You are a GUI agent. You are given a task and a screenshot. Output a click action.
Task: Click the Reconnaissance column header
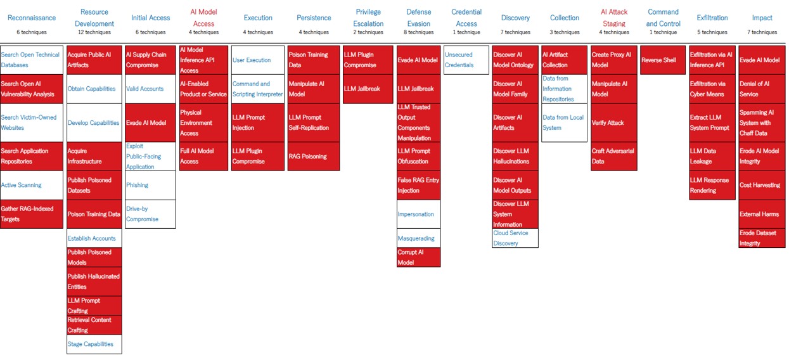[32, 18]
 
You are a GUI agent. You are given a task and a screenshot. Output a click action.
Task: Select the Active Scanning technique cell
[32, 185]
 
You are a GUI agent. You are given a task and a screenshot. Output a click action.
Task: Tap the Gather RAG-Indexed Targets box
[32, 214]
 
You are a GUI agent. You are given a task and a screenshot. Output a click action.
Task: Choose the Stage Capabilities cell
[94, 344]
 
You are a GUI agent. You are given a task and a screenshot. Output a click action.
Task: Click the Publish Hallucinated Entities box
[94, 281]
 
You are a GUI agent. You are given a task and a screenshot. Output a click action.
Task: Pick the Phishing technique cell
[150, 185]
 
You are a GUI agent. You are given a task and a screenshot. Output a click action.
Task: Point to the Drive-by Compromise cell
[150, 214]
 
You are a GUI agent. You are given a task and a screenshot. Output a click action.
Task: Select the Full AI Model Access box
[203, 156]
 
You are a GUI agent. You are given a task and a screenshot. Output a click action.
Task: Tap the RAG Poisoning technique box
[313, 156]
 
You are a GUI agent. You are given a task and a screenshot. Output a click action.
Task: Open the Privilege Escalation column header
[368, 18]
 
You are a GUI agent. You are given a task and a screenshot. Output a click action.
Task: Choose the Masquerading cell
[418, 238]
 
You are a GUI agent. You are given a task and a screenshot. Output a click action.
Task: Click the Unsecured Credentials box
[466, 60]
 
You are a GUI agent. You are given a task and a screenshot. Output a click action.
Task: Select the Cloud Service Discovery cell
[515, 238]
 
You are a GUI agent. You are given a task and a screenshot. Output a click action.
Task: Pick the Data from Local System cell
[564, 122]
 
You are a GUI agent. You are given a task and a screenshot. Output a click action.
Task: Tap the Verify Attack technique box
[613, 122]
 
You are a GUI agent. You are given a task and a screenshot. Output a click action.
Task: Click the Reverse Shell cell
[663, 60]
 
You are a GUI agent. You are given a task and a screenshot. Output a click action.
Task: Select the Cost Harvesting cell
[762, 185]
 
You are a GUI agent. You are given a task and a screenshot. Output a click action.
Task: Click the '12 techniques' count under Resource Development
[94, 32]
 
